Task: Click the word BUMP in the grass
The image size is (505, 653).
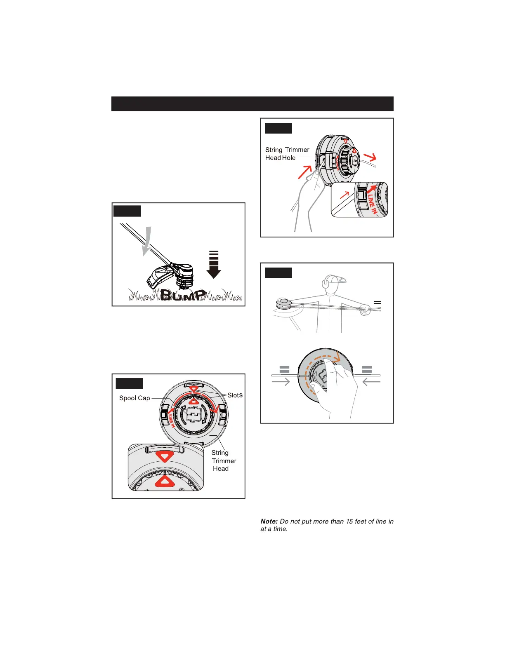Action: (x=183, y=294)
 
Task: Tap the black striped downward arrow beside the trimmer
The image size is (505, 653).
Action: (x=213, y=265)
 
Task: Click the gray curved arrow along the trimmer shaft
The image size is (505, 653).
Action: (x=146, y=242)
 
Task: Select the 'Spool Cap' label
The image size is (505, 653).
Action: (x=135, y=398)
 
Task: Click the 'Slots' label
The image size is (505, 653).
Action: (x=235, y=395)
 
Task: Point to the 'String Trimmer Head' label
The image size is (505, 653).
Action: (x=224, y=460)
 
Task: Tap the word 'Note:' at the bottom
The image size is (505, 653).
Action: (x=269, y=521)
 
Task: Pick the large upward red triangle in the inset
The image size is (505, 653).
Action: (x=164, y=481)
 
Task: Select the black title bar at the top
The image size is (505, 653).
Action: (x=252, y=104)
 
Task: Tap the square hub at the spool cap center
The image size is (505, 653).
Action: (x=193, y=414)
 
